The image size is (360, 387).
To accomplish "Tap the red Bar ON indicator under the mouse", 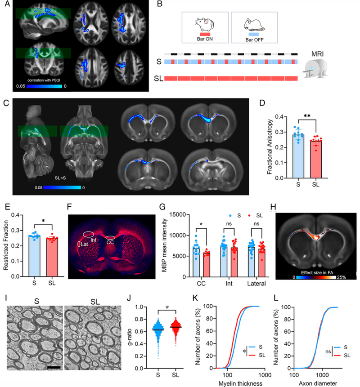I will click(205, 34).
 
